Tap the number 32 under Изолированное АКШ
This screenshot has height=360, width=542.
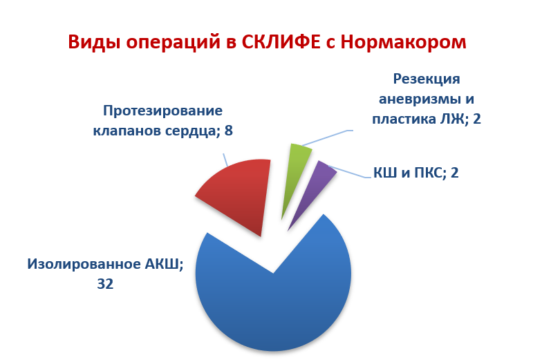click(x=105, y=283)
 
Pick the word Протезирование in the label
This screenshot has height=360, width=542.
click(x=162, y=111)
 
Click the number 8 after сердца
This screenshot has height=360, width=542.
click(x=238, y=129)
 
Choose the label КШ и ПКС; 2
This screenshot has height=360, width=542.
click(x=416, y=172)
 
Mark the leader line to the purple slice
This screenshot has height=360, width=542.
click(x=349, y=173)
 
